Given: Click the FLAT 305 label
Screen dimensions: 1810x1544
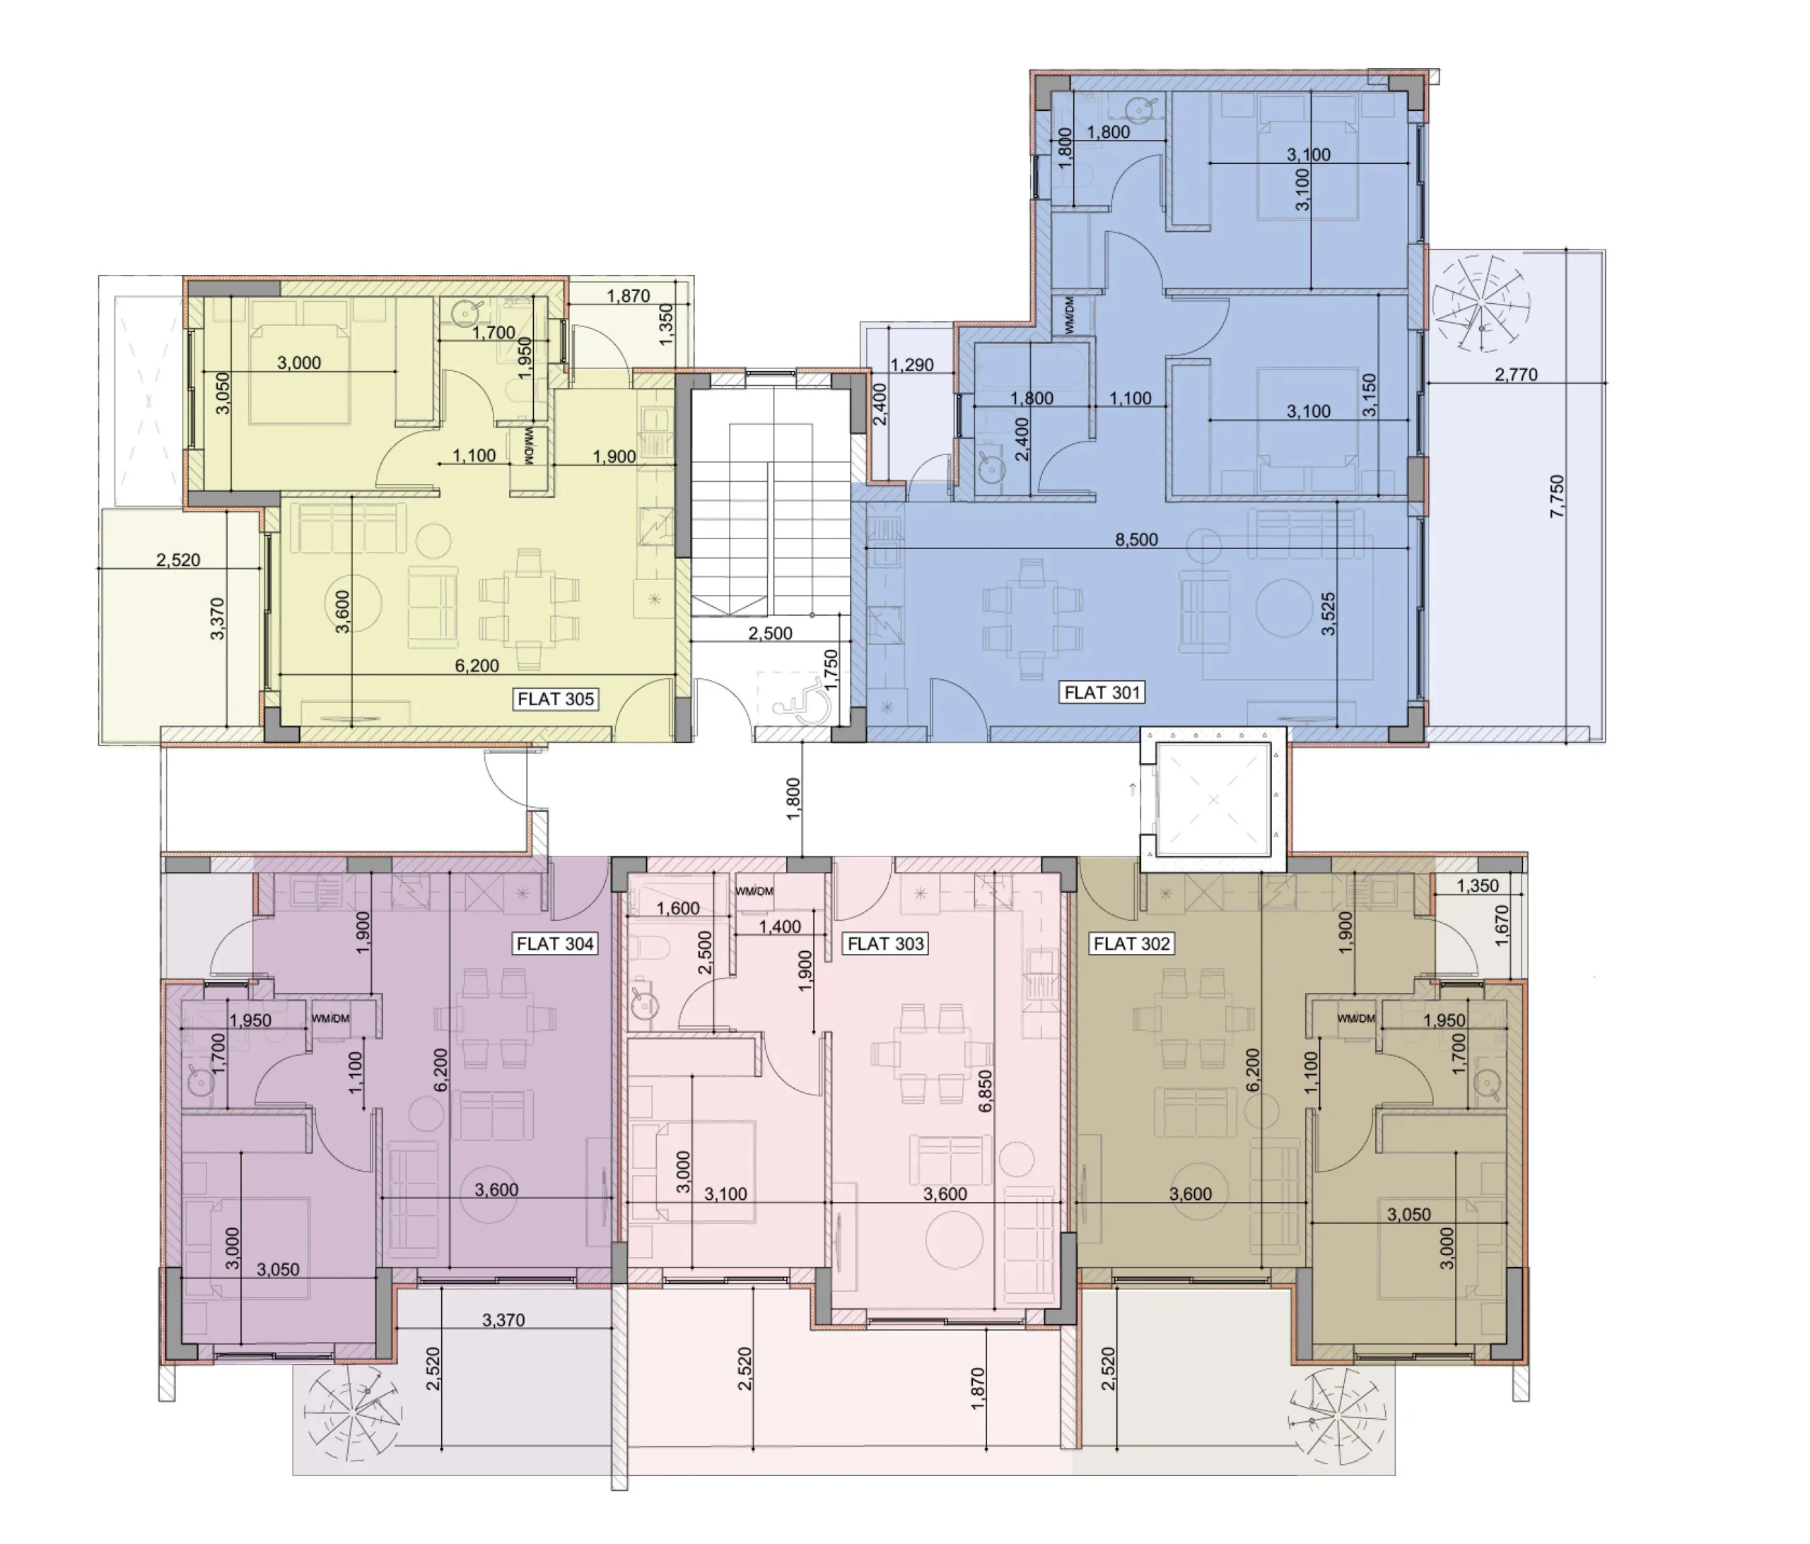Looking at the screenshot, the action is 556,699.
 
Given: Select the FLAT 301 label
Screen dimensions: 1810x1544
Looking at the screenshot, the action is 1102,693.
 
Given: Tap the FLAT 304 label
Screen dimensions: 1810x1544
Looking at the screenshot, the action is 556,943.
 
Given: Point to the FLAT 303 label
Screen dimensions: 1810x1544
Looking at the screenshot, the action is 886,943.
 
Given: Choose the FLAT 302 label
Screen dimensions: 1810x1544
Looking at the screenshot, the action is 1131,943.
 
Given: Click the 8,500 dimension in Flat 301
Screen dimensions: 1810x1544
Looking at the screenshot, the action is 1136,540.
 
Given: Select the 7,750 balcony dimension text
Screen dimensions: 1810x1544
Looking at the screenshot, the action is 1557,496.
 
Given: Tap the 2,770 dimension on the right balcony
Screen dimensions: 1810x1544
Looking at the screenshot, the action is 1516,375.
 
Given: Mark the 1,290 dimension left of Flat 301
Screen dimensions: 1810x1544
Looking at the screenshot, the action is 912,365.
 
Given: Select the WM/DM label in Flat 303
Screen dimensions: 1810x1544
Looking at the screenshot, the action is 754,892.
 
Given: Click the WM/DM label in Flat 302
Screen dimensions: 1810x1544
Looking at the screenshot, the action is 1356,1018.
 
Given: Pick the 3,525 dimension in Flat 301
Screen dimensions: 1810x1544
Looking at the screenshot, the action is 1328,613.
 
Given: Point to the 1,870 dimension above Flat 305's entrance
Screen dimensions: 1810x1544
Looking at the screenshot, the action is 628,296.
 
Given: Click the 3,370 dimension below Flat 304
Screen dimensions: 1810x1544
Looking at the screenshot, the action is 503,1319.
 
